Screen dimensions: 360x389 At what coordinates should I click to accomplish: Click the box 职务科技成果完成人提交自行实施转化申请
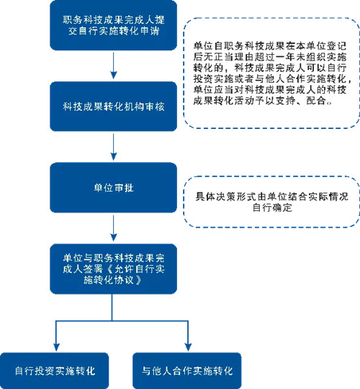click(113, 25)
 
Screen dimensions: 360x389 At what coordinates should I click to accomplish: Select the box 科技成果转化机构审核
click(113, 107)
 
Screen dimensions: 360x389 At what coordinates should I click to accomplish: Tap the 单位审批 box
click(113, 187)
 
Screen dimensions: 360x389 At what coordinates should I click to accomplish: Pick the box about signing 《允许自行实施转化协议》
click(113, 269)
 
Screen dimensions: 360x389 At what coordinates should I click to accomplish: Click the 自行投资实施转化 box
click(55, 371)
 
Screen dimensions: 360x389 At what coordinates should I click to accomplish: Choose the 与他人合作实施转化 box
click(187, 371)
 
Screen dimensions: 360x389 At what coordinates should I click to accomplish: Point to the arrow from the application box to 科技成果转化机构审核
click(113, 66)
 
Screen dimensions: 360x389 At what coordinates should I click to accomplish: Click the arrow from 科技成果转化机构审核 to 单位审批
click(113, 147)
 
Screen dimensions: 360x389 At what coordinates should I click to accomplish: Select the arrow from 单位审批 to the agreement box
click(113, 228)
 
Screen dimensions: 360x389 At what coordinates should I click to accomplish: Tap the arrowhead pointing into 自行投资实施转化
click(57, 347)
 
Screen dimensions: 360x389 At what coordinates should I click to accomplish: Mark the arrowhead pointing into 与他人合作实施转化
click(188, 347)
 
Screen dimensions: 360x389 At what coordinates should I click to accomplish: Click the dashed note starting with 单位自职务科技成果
click(271, 73)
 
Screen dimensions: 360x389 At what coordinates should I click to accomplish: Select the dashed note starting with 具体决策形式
click(271, 202)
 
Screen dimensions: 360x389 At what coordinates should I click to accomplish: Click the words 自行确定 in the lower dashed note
click(272, 207)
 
